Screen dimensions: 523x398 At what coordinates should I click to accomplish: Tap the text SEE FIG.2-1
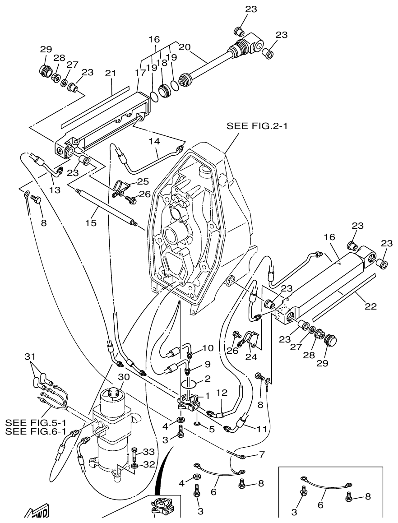click(257, 126)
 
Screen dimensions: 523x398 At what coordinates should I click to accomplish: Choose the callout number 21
click(111, 73)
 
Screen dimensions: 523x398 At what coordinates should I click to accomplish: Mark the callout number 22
click(370, 306)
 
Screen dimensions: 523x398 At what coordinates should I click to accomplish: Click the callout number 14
click(155, 141)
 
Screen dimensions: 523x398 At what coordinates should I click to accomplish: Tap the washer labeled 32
click(135, 465)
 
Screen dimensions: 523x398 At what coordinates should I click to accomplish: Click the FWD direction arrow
click(36, 514)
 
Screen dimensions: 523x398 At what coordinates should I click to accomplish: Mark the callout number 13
click(55, 190)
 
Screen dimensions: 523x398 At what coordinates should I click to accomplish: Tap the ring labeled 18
click(165, 89)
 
